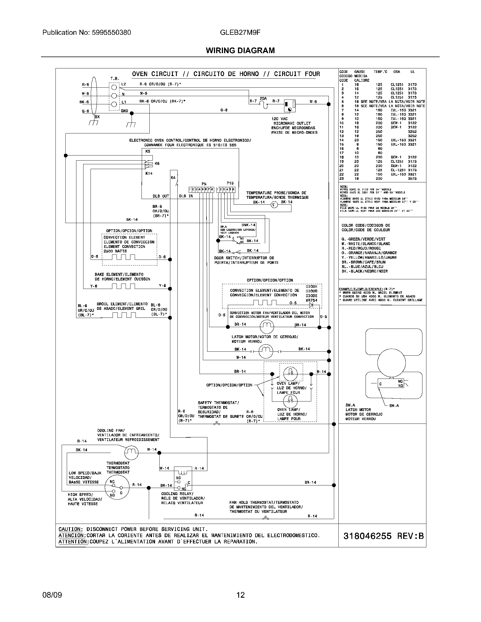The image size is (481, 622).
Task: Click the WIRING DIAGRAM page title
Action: (x=240, y=50)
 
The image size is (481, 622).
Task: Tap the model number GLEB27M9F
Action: (x=240, y=33)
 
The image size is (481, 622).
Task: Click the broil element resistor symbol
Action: (x=124, y=315)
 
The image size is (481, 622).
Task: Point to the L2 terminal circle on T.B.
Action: (x=114, y=87)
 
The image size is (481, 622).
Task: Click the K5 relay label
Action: (x=148, y=152)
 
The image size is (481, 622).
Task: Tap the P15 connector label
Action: (x=230, y=183)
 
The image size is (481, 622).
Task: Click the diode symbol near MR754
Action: (x=311, y=305)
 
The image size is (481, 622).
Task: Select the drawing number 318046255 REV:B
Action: (x=384, y=536)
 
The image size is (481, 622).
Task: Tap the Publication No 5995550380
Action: (x=87, y=33)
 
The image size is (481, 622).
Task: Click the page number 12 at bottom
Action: (x=240, y=595)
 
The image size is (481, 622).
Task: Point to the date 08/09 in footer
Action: (x=52, y=595)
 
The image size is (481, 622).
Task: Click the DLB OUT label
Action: (x=161, y=196)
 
